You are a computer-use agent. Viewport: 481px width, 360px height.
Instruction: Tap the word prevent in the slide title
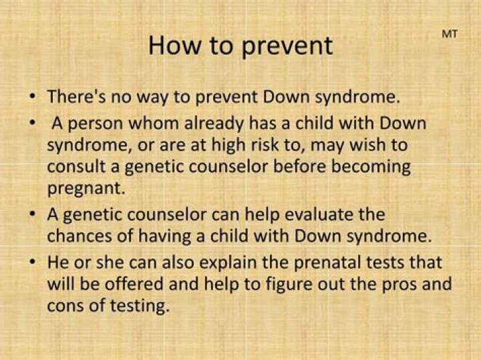(290, 45)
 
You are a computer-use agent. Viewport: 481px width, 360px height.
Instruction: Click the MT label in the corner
(450, 34)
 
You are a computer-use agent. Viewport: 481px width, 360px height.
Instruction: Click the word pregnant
(86, 187)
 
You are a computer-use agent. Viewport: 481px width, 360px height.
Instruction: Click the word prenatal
(341, 263)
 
